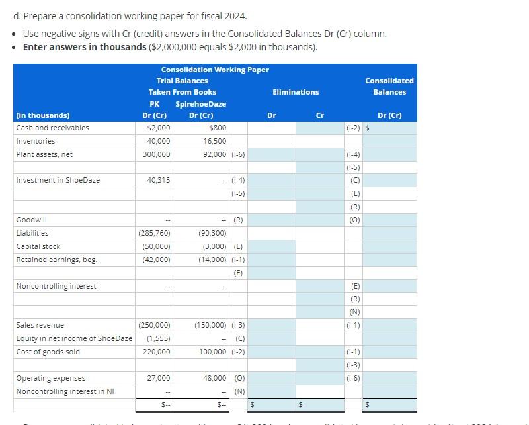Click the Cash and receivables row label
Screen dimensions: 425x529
click(x=53, y=128)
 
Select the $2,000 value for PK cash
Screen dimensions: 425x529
click(x=159, y=128)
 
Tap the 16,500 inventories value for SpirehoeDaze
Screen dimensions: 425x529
click(x=215, y=141)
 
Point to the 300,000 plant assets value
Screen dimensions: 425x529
click(x=157, y=154)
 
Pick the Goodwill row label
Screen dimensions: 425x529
click(x=32, y=220)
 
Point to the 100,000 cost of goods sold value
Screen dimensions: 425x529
click(x=213, y=352)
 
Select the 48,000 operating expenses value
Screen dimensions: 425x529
click(x=215, y=378)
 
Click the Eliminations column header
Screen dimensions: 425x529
click(x=295, y=92)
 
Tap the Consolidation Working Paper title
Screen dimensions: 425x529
click(x=215, y=70)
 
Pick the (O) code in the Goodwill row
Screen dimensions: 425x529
click(x=355, y=220)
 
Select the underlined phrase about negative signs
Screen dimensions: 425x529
click(x=111, y=34)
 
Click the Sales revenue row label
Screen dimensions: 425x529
click(x=40, y=325)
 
